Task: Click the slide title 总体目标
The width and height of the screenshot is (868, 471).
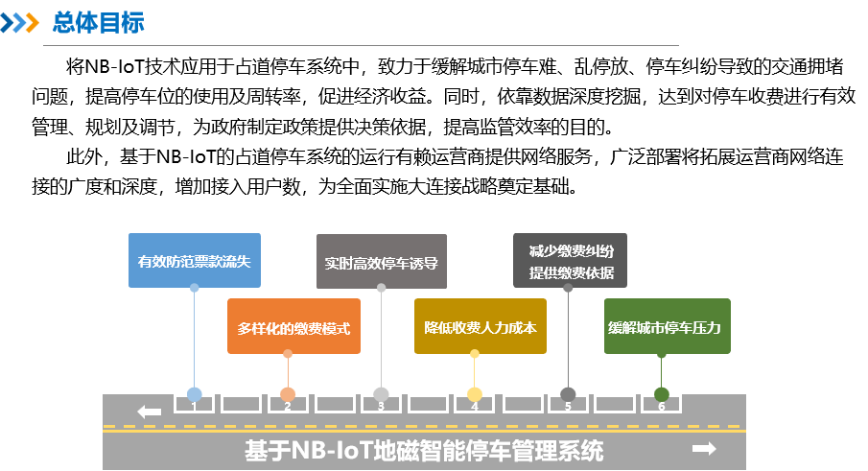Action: [x=98, y=23]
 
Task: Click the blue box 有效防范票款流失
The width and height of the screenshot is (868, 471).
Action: [x=195, y=260]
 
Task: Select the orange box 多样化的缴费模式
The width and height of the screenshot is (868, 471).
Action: [x=293, y=327]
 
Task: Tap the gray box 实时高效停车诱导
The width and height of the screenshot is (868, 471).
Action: [x=382, y=262]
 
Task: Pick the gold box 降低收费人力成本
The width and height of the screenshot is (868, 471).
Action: [x=481, y=327]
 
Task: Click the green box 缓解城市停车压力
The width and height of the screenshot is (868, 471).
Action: [x=667, y=327]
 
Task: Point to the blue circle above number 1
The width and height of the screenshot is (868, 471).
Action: [x=195, y=394]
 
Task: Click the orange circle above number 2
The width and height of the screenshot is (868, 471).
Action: [x=288, y=394]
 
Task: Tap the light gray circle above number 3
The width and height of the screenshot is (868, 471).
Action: [x=381, y=394]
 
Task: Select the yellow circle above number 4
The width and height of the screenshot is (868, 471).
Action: [x=475, y=394]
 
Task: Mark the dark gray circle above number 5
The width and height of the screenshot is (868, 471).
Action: [x=568, y=394]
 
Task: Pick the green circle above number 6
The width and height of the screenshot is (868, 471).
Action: [x=661, y=394]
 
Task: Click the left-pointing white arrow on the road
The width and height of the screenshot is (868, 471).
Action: [x=149, y=412]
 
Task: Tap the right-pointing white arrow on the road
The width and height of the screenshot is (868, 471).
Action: [x=704, y=449]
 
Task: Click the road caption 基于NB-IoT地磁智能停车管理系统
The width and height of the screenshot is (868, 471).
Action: [x=424, y=451]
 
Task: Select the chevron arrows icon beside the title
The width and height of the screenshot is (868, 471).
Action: [x=21, y=23]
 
